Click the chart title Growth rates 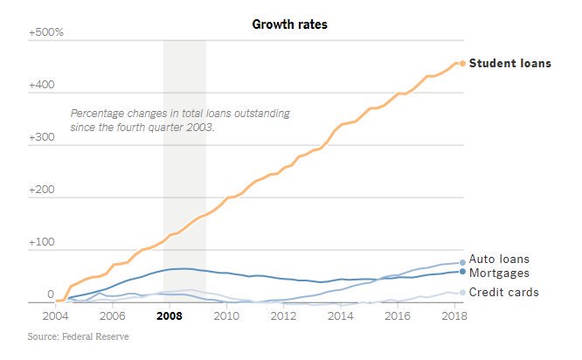click(x=290, y=24)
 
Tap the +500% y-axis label click(x=46, y=32)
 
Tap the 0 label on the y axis click(x=38, y=295)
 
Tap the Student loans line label click(x=509, y=63)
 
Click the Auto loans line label click(x=499, y=260)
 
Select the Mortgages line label click(x=499, y=273)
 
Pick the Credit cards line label click(x=503, y=292)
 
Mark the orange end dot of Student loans click(x=461, y=63)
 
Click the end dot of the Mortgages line click(x=461, y=271)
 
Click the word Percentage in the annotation click(x=100, y=114)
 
